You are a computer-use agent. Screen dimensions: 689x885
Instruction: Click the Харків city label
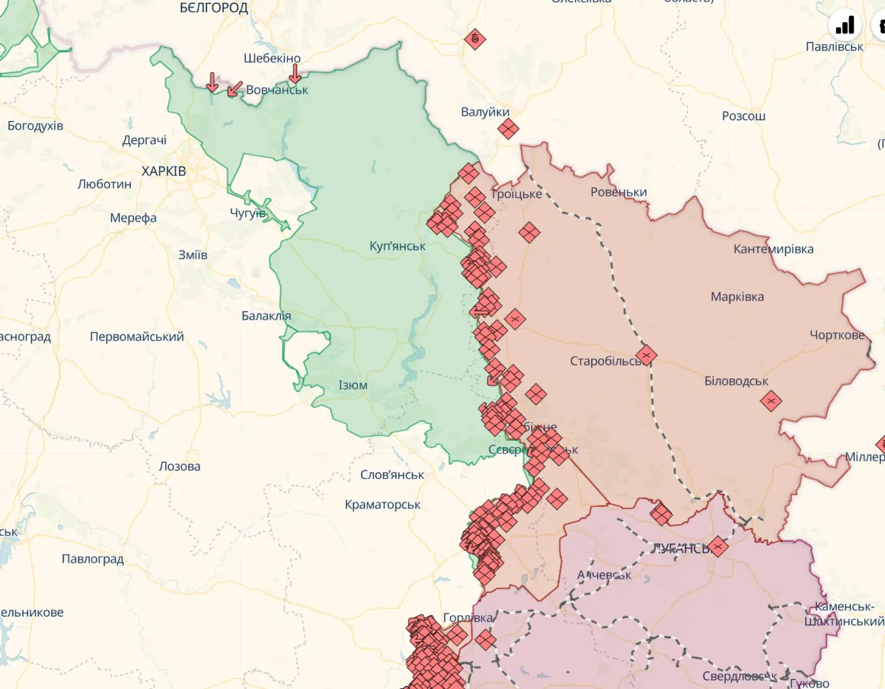pyautogui.click(x=163, y=171)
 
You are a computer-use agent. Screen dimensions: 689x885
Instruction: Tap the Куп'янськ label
pyautogui.click(x=397, y=246)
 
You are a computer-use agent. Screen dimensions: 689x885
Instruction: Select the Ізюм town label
pyautogui.click(x=353, y=385)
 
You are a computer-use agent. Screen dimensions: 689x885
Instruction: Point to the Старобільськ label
pyautogui.click(x=606, y=361)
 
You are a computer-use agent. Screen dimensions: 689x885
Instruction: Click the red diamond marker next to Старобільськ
pyautogui.click(x=647, y=355)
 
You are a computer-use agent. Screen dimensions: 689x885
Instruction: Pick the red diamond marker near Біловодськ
pyautogui.click(x=771, y=400)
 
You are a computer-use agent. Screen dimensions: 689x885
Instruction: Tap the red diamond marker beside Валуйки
pyautogui.click(x=508, y=129)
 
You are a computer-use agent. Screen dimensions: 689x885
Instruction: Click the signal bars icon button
pyautogui.click(x=845, y=26)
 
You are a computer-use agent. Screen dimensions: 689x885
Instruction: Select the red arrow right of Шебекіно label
pyautogui.click(x=296, y=74)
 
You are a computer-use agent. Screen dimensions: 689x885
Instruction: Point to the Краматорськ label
pyautogui.click(x=382, y=505)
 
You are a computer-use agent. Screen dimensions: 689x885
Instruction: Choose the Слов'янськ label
pyautogui.click(x=392, y=475)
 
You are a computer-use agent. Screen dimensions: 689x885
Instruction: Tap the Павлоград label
pyautogui.click(x=92, y=560)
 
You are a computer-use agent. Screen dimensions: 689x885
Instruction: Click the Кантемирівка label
pyautogui.click(x=773, y=249)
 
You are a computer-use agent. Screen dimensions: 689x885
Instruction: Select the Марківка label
pyautogui.click(x=736, y=297)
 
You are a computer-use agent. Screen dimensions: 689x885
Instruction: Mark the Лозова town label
pyautogui.click(x=180, y=466)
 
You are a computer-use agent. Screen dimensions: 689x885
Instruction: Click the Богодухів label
pyautogui.click(x=35, y=126)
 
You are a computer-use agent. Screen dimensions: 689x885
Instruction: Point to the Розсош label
pyautogui.click(x=743, y=116)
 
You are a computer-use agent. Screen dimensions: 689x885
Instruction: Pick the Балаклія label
pyautogui.click(x=266, y=316)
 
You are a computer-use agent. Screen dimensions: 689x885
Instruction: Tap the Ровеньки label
pyautogui.click(x=618, y=192)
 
